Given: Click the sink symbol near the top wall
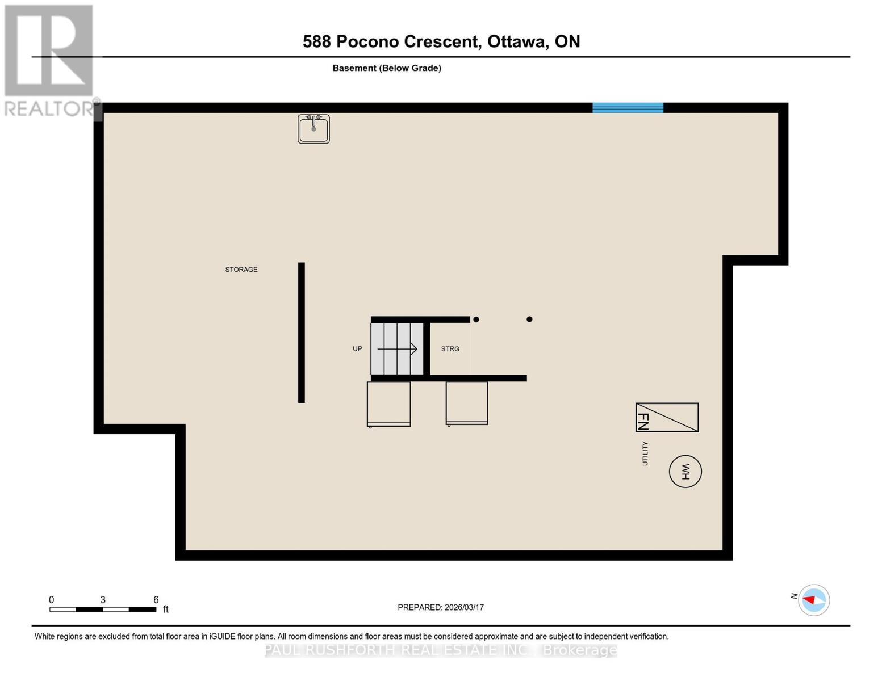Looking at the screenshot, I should (313, 129).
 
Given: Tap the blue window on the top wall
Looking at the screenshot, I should (628, 108).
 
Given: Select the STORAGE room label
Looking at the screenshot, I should (241, 270).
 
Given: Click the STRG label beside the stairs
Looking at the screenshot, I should (450, 349).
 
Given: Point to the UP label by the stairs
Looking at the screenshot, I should (357, 349).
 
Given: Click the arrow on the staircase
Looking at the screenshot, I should (398, 348).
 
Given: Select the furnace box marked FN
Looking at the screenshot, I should (667, 418).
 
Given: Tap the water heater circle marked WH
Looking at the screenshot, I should (685, 472).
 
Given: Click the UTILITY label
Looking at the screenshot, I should (645, 453).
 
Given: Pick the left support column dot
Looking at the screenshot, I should (476, 320).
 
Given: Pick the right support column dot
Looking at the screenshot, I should (529, 320).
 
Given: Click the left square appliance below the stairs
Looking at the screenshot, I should (388, 404).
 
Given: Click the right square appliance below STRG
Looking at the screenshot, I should (467, 403).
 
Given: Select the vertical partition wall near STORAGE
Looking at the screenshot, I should (302, 333).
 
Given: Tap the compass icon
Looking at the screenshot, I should (813, 600).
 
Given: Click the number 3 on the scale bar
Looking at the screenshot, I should (103, 600).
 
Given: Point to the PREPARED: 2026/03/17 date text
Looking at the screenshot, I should (441, 607).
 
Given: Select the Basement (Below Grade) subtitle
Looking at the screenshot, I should (387, 68).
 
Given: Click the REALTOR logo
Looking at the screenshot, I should (49, 60).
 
